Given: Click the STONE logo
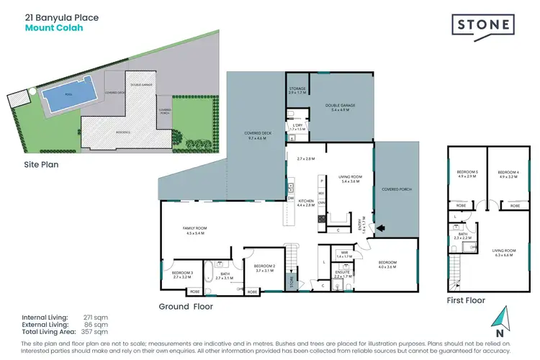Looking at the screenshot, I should click(x=483, y=25).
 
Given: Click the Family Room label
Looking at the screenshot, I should click(x=193, y=230).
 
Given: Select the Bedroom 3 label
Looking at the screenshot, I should click(x=181, y=274).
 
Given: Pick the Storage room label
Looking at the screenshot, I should click(x=297, y=91).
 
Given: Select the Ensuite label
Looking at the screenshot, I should click(x=342, y=274).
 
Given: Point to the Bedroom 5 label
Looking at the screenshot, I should click(x=467, y=174).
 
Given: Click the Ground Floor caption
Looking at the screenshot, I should click(x=186, y=306).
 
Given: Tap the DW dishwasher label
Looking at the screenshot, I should click(x=291, y=197).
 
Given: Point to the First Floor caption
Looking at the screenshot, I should click(x=466, y=300).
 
